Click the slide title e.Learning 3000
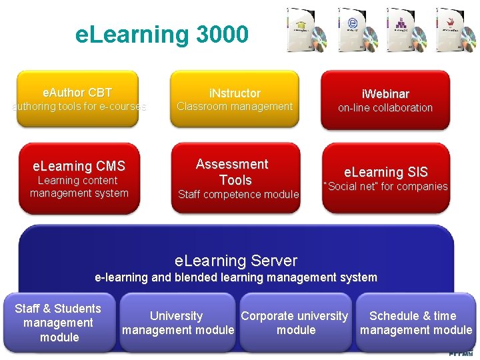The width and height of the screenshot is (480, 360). pyautogui.click(x=162, y=34)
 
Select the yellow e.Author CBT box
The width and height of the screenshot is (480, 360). pyautogui.click(x=77, y=99)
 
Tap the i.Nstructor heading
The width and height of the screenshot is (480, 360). pyautogui.click(x=235, y=93)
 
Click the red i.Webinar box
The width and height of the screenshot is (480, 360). pyautogui.click(x=385, y=100)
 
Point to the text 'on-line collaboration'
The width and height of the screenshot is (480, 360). pyautogui.click(x=385, y=108)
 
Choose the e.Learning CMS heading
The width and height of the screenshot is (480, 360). pyautogui.click(x=79, y=166)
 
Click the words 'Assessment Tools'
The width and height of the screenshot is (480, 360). pyautogui.click(x=232, y=172)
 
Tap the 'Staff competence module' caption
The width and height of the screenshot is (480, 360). pyautogui.click(x=239, y=195)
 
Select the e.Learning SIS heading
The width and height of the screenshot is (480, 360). pyautogui.click(x=385, y=172)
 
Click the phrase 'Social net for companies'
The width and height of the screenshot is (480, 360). pyautogui.click(x=385, y=187)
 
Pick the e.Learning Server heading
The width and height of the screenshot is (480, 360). pyautogui.click(x=236, y=261)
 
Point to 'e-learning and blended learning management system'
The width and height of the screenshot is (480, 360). pyautogui.click(x=236, y=277)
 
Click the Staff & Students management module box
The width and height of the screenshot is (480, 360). pyautogui.click(x=59, y=323)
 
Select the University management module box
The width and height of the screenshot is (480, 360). pyautogui.click(x=177, y=323)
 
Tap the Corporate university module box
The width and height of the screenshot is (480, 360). pyautogui.click(x=295, y=323)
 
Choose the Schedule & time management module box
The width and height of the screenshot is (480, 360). pyautogui.click(x=415, y=323)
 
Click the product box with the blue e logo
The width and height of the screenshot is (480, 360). pyautogui.click(x=352, y=29)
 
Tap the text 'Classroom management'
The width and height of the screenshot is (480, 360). pyautogui.click(x=235, y=107)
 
